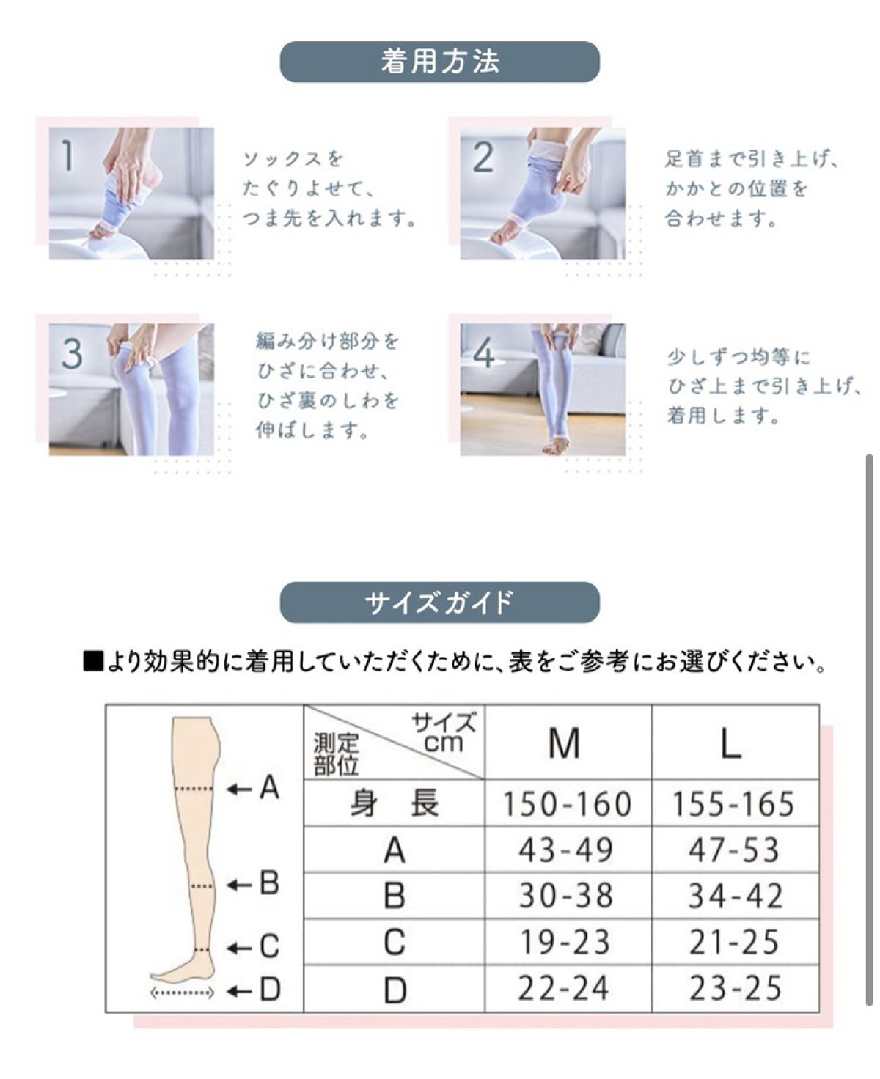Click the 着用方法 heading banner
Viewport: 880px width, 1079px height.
(439, 62)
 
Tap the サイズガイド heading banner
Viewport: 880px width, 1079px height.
(439, 603)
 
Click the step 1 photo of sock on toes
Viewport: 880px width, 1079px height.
(131, 194)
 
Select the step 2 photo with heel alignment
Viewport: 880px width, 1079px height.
(543, 194)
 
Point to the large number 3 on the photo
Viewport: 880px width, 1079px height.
(72, 353)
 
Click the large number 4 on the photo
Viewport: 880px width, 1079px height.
(484, 353)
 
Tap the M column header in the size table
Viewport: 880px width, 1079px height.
(564, 743)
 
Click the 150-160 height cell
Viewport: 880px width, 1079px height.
(567, 803)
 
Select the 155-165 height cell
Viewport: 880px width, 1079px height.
(733, 803)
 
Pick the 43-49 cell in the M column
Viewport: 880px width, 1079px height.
(565, 850)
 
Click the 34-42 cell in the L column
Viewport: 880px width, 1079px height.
(735, 896)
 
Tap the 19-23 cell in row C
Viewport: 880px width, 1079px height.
(565, 942)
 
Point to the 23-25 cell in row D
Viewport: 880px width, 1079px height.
(735, 988)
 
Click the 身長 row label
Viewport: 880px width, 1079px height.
(395, 803)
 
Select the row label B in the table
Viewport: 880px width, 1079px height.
(395, 896)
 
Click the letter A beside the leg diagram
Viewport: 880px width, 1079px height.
(269, 787)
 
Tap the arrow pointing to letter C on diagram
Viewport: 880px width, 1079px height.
(239, 949)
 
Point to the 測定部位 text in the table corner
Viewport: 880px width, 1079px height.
(336, 754)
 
